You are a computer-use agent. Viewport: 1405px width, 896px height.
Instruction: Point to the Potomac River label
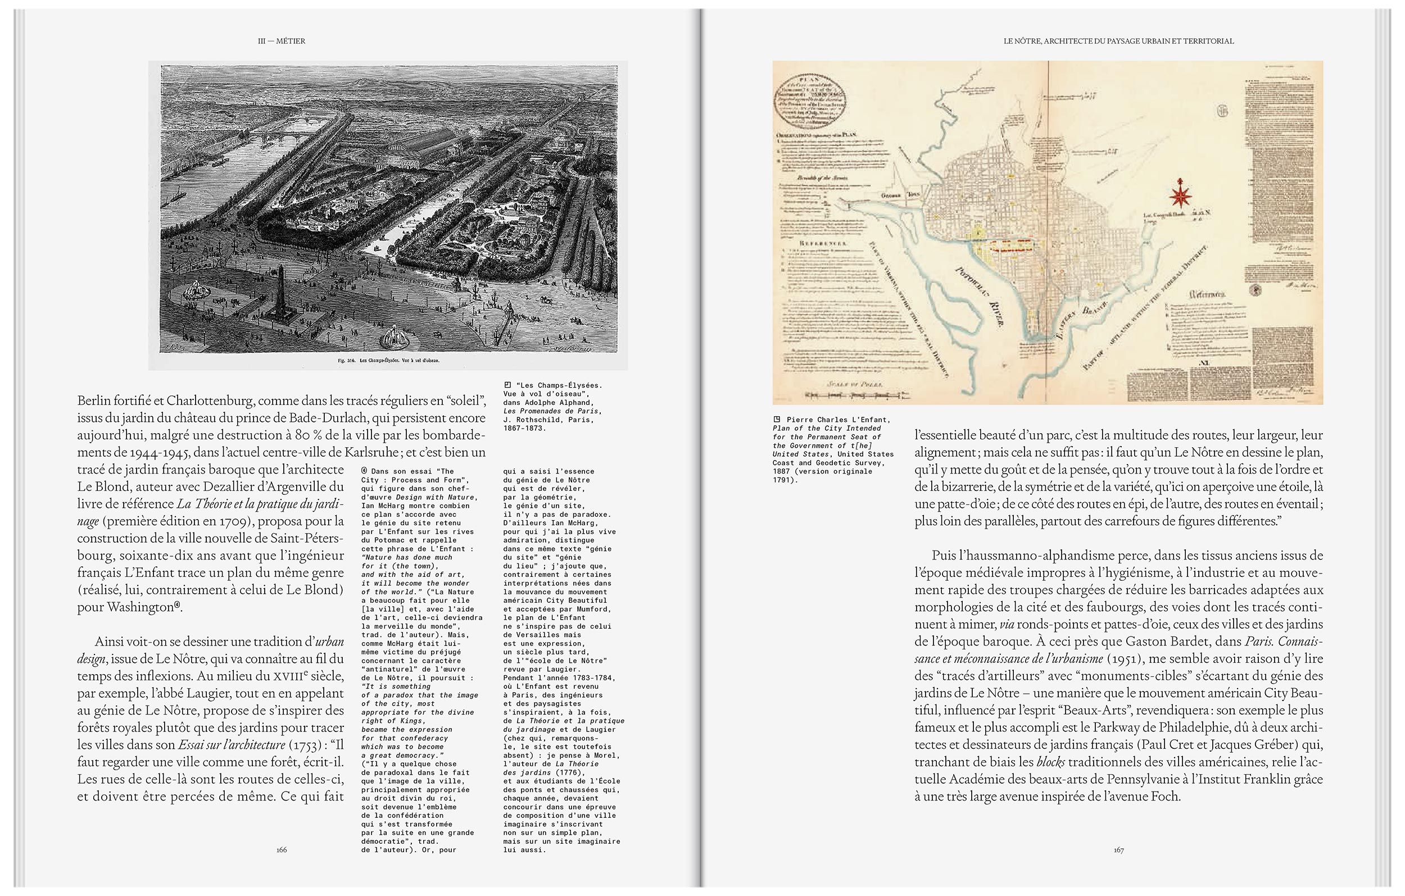[x=980, y=297]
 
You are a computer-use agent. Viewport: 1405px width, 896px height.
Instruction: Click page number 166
[x=282, y=849]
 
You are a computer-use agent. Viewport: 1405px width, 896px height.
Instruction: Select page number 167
[x=1118, y=850]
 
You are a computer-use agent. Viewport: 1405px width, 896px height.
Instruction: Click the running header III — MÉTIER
[x=281, y=41]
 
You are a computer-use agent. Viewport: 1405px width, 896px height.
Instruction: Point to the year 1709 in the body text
[x=235, y=521]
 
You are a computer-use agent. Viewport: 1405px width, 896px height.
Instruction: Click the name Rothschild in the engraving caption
[x=542, y=420]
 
